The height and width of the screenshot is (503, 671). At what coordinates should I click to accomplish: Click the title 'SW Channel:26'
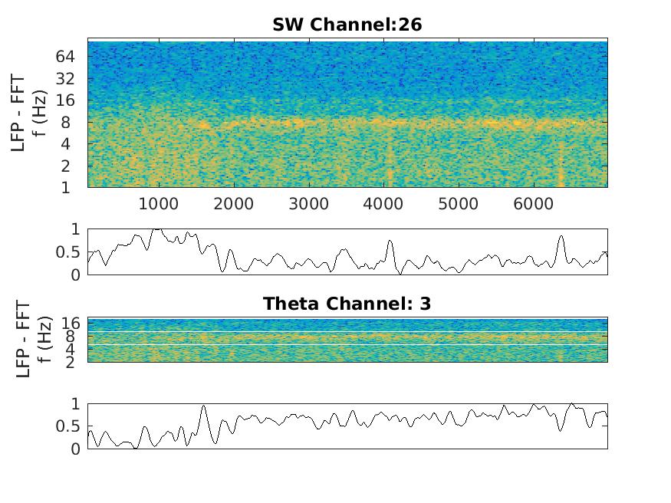click(x=347, y=25)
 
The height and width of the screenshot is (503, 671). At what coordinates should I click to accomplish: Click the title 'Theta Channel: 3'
click(x=347, y=304)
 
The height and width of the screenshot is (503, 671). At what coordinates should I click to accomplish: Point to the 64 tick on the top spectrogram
click(x=64, y=56)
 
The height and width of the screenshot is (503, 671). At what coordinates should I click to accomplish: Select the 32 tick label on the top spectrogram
click(x=64, y=78)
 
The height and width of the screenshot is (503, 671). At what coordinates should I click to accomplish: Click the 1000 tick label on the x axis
click(x=159, y=203)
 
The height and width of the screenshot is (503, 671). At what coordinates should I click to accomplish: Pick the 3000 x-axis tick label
click(x=309, y=203)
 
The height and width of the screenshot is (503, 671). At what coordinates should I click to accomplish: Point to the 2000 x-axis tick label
click(x=234, y=203)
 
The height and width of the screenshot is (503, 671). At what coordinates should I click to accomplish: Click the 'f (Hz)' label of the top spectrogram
click(x=43, y=113)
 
